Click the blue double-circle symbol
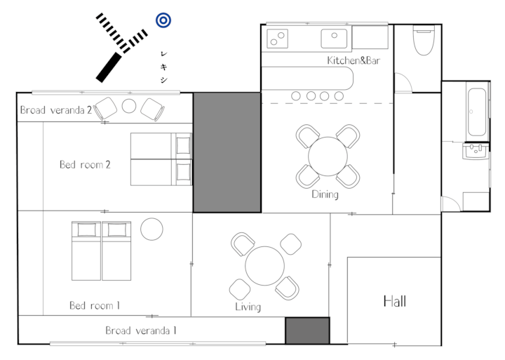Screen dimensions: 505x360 tap(163, 20)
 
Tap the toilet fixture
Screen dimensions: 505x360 tap(424, 40)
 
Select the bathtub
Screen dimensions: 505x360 tap(477, 112)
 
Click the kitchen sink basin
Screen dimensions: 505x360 tap(334, 39)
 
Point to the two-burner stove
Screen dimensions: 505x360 tap(277, 39)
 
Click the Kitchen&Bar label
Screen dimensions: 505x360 tap(353, 60)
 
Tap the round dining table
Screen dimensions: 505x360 tap(328, 156)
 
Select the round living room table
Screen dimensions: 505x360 tap(264, 266)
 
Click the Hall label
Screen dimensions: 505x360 tap(394, 301)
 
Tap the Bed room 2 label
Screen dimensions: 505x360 tap(85, 165)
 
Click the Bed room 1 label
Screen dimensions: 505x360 tap(95, 305)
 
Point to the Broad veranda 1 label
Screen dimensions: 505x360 tap(141, 331)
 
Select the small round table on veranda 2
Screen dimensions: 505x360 tap(129, 106)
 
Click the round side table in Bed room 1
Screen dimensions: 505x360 tap(151, 229)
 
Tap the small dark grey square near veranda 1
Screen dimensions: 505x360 tap(308, 331)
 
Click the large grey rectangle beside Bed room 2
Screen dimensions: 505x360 tap(227, 152)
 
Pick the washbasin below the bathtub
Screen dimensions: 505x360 tap(476, 151)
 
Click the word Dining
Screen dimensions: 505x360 tap(325, 194)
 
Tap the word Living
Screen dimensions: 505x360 tap(248, 307)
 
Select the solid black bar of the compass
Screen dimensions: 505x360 tap(109, 67)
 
